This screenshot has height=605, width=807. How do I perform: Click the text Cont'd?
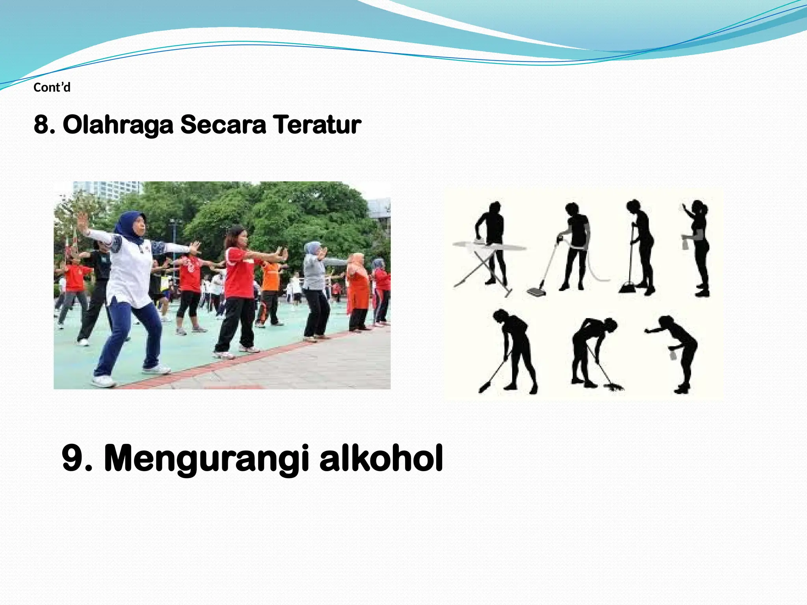point(52,87)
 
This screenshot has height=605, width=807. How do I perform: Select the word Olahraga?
point(118,125)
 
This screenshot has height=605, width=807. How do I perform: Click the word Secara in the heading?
point(223,124)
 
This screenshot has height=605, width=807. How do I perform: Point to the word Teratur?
point(317,124)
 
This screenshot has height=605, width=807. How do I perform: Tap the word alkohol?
point(381,458)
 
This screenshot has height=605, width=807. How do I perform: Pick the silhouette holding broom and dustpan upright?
point(640,244)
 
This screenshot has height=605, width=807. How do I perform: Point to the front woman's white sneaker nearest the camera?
point(104,381)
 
